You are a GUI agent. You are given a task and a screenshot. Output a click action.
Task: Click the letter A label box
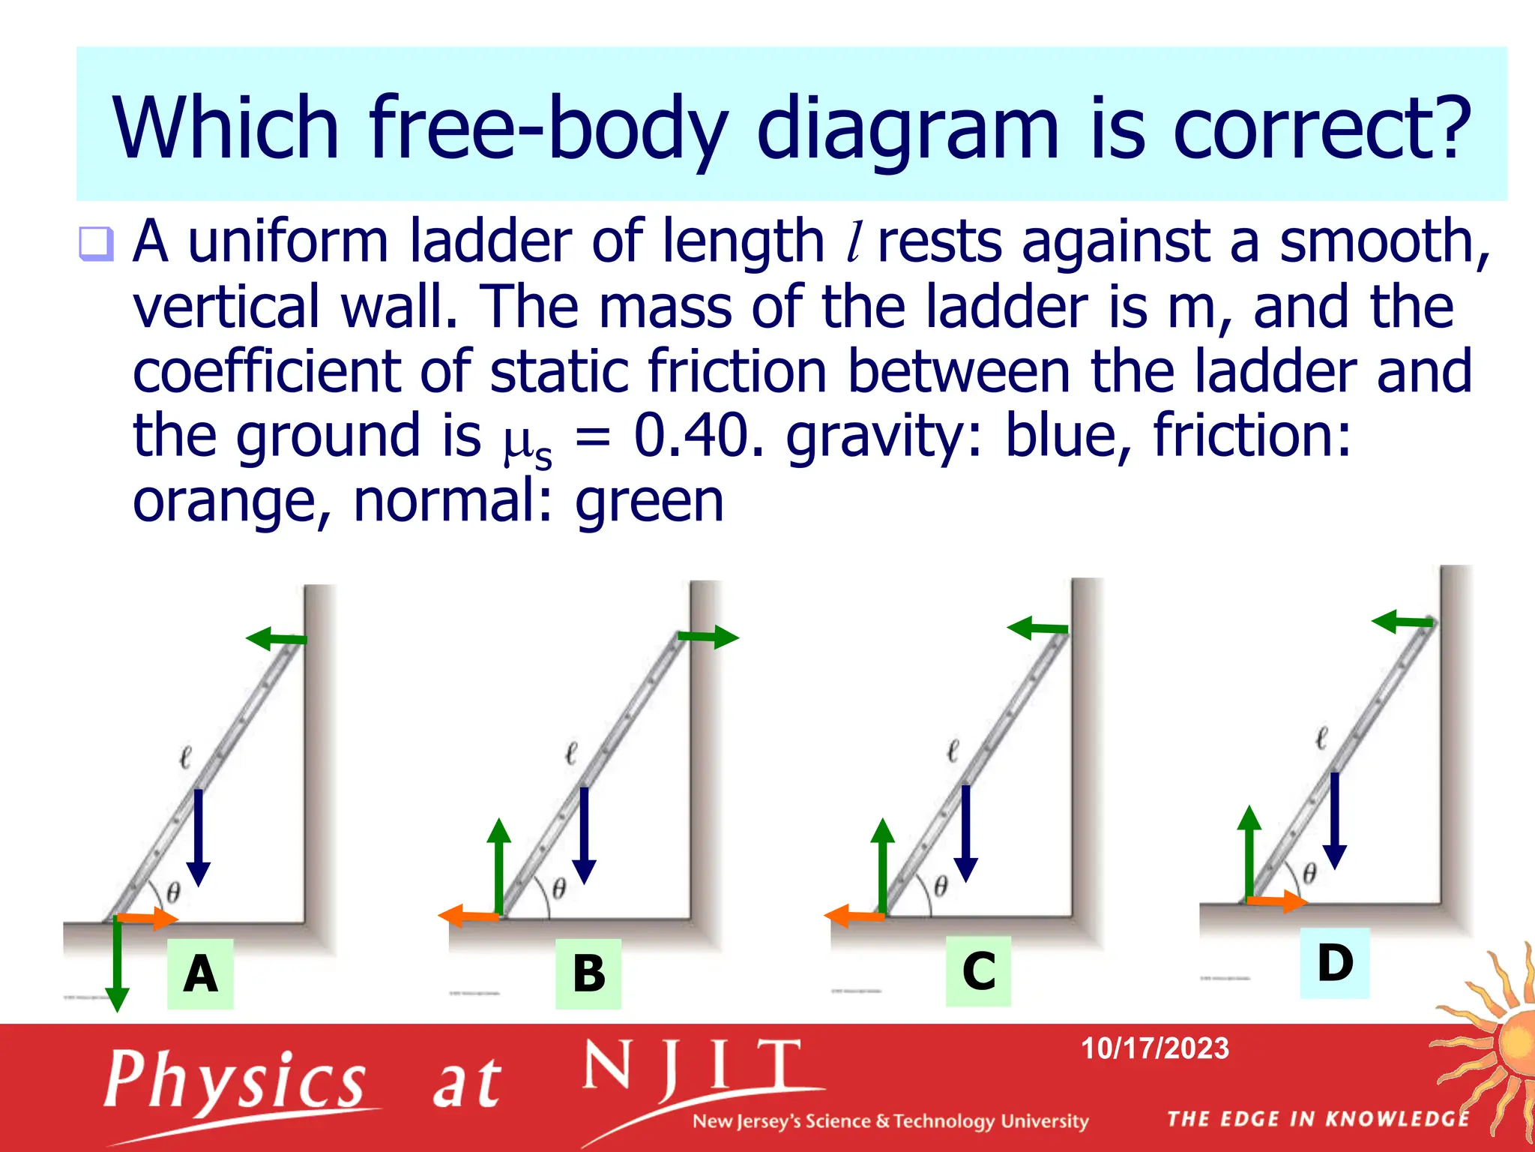[x=200, y=973]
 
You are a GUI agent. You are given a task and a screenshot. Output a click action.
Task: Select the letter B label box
[x=588, y=973]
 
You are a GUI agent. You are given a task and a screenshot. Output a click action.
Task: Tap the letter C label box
[x=978, y=970]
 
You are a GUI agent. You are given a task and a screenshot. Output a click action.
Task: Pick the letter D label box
[x=1334, y=962]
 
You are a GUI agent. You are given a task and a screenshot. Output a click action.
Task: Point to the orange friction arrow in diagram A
[x=148, y=918]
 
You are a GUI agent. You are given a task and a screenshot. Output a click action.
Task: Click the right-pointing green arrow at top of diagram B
[x=708, y=637]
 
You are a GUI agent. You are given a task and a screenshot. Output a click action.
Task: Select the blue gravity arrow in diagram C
[x=966, y=832]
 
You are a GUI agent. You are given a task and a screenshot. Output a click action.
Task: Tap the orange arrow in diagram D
[x=1278, y=901]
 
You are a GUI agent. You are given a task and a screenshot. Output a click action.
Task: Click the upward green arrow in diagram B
[x=498, y=866]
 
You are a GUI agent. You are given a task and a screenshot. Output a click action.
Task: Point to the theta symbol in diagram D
[x=1309, y=873]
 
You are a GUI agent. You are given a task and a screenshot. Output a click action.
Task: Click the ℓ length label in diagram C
[x=953, y=750]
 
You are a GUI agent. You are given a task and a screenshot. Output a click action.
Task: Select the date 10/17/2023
[x=1154, y=1048]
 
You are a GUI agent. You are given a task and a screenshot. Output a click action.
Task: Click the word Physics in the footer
[x=235, y=1080]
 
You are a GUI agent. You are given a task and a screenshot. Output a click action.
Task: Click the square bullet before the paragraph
[x=96, y=244]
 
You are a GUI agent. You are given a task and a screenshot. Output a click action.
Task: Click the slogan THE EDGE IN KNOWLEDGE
[x=1318, y=1119]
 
